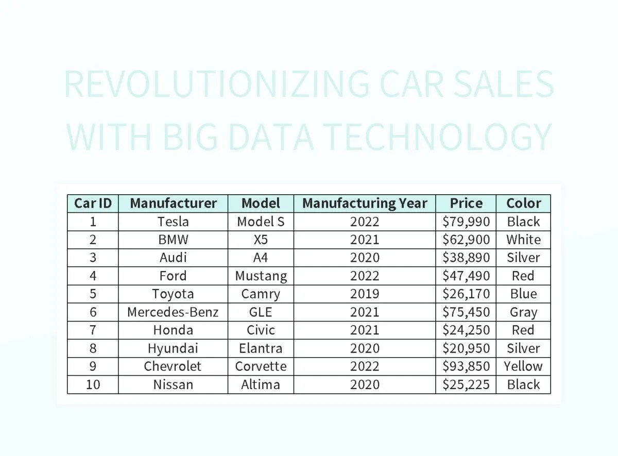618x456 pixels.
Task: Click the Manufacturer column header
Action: point(173,203)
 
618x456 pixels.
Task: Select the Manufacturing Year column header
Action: point(365,203)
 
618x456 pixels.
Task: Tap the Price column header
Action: point(466,203)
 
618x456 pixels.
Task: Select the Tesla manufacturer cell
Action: point(173,222)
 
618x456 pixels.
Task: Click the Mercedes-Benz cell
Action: point(173,312)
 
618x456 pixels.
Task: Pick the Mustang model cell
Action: point(261,276)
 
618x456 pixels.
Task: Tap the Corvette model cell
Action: point(261,366)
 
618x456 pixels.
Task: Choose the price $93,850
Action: point(466,366)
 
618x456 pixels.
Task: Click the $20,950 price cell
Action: point(466,348)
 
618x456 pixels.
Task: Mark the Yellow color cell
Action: point(523,366)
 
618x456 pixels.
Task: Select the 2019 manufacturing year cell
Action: point(365,294)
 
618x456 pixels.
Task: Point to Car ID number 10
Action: point(93,384)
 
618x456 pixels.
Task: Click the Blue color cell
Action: point(523,294)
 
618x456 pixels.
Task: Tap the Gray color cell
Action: point(523,312)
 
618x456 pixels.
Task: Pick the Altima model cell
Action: point(261,384)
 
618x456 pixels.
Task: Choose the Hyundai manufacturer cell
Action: point(173,348)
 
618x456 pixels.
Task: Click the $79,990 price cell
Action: point(466,222)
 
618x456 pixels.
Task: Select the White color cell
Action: point(523,240)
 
